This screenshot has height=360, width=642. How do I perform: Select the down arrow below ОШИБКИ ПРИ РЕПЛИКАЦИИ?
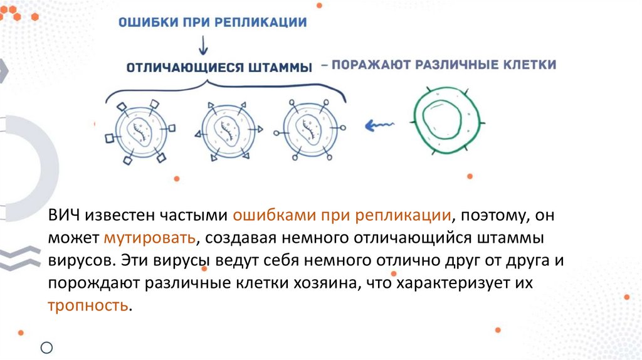(x=201, y=45)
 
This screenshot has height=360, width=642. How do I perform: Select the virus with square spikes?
(x=140, y=129)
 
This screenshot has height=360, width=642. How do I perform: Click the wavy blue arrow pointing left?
(x=381, y=125)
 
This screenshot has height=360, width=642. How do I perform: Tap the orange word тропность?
(x=88, y=306)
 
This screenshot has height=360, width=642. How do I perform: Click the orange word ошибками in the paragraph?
(x=274, y=216)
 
